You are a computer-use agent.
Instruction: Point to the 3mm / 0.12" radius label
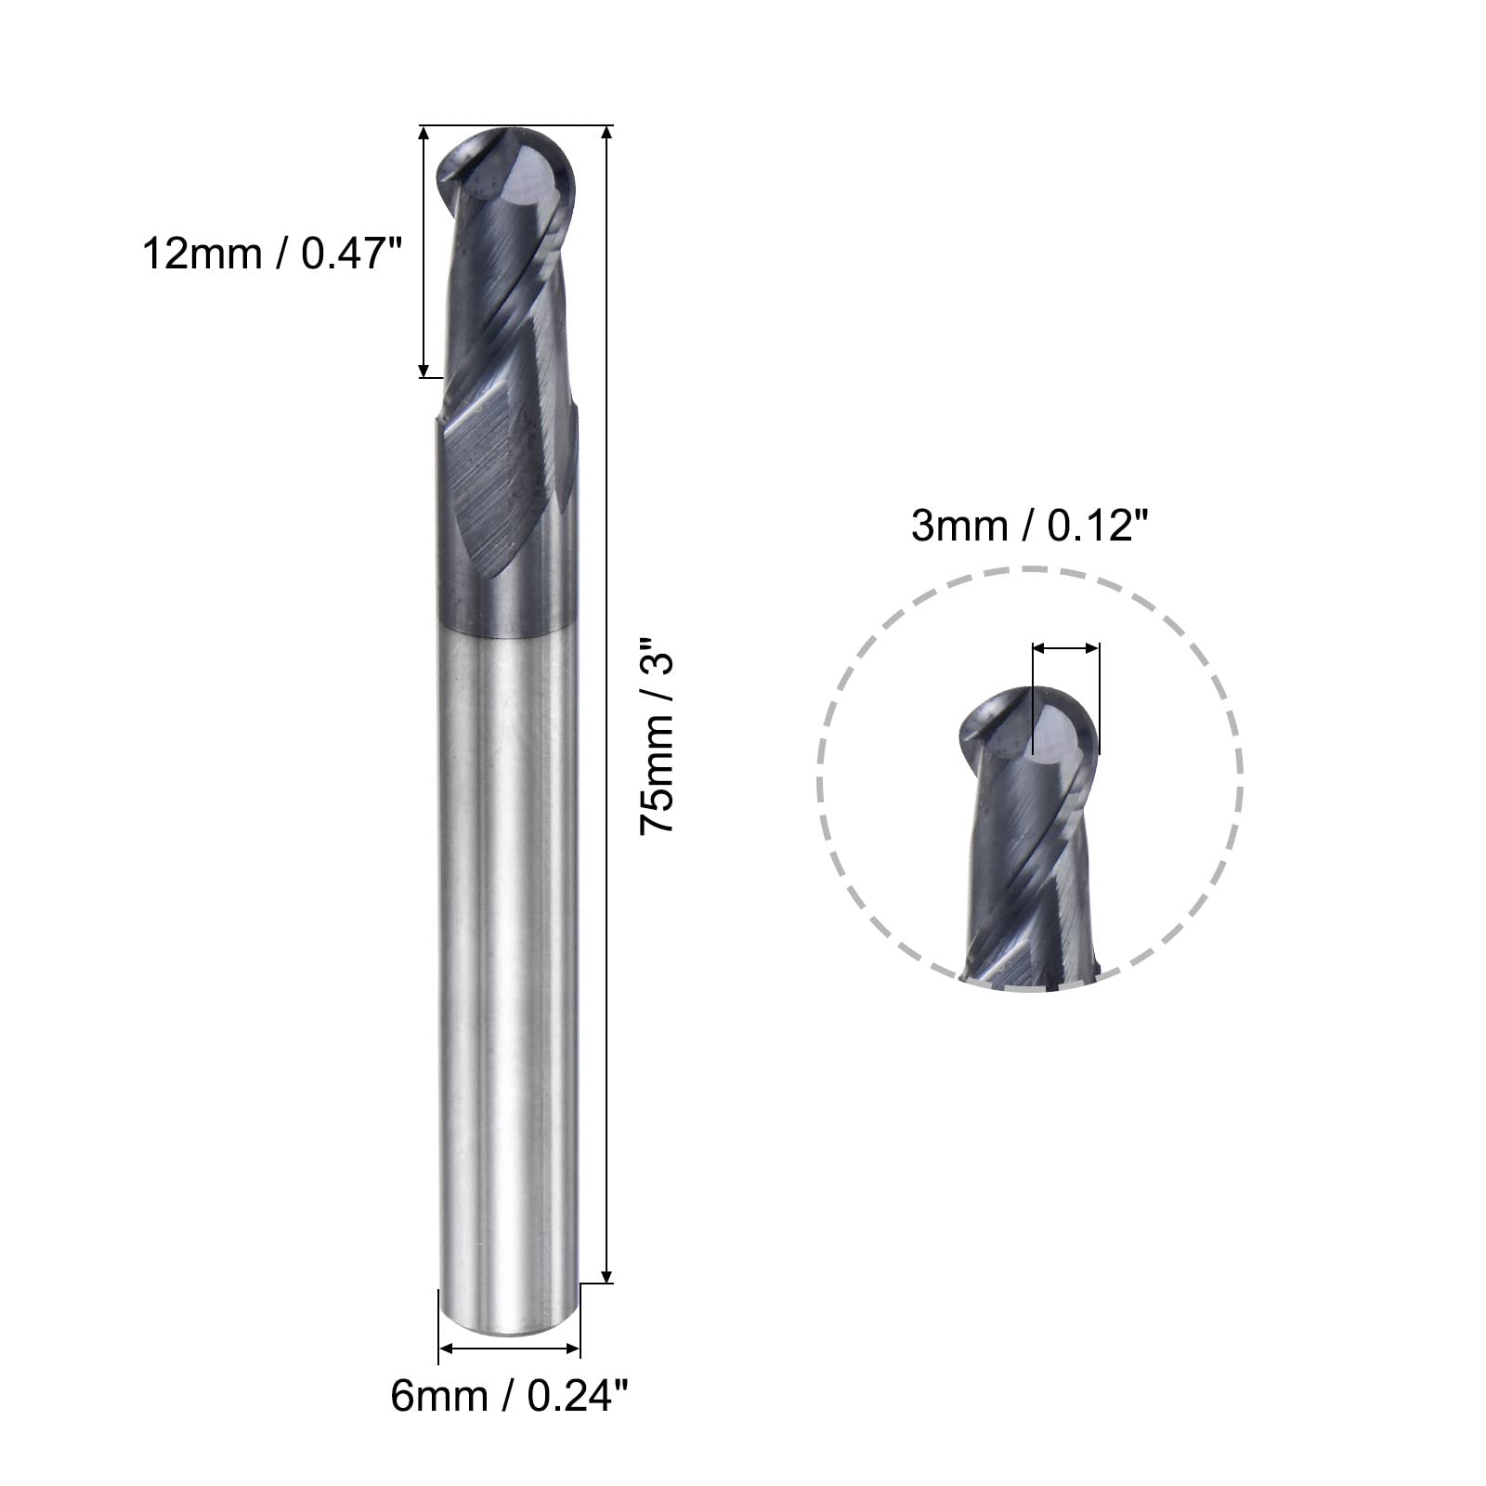(x=1030, y=527)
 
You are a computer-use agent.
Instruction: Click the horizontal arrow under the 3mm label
(x=1065, y=649)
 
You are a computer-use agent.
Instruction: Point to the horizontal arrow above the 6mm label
(x=509, y=1348)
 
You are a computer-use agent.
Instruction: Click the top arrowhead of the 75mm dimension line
(x=607, y=132)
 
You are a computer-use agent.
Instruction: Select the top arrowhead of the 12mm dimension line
(x=424, y=132)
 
